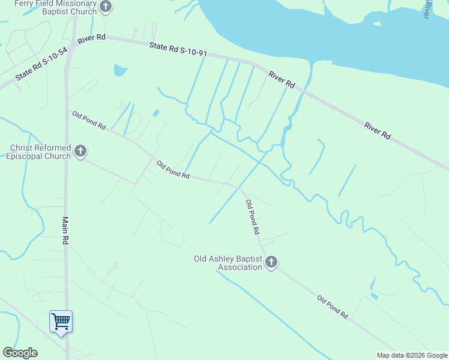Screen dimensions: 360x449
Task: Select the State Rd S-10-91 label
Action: [x=178, y=49]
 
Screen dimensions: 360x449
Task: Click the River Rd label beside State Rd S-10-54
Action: [x=91, y=38]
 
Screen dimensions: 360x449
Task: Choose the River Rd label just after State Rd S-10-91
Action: [x=282, y=80]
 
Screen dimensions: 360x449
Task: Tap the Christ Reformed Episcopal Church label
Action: [x=40, y=152]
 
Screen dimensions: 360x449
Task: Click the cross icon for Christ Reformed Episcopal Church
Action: [x=80, y=151]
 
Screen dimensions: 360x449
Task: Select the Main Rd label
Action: [x=65, y=230]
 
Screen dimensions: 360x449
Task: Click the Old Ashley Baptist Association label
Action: [x=228, y=263]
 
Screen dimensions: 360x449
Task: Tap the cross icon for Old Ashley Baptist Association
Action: [x=271, y=262]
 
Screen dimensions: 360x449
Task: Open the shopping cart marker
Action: [x=61, y=322]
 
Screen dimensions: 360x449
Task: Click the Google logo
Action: [x=20, y=353]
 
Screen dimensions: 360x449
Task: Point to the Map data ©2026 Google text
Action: [x=412, y=355]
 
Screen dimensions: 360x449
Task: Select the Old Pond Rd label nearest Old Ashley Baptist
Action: [x=253, y=217]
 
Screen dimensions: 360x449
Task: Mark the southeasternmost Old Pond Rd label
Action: [x=333, y=307]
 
